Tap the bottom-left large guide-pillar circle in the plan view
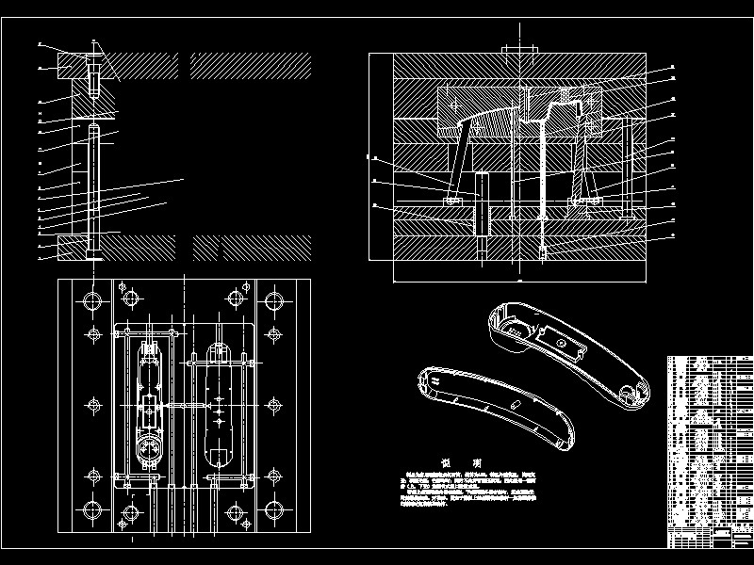(x=93, y=511)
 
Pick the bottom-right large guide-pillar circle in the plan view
(x=273, y=511)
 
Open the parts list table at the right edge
(x=710, y=452)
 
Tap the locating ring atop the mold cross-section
(x=517, y=50)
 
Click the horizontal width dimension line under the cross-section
(x=518, y=280)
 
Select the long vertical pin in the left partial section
(x=95, y=188)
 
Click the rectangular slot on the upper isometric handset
(x=566, y=345)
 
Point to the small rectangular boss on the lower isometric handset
(x=516, y=402)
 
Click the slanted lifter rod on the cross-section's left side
(x=458, y=165)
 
